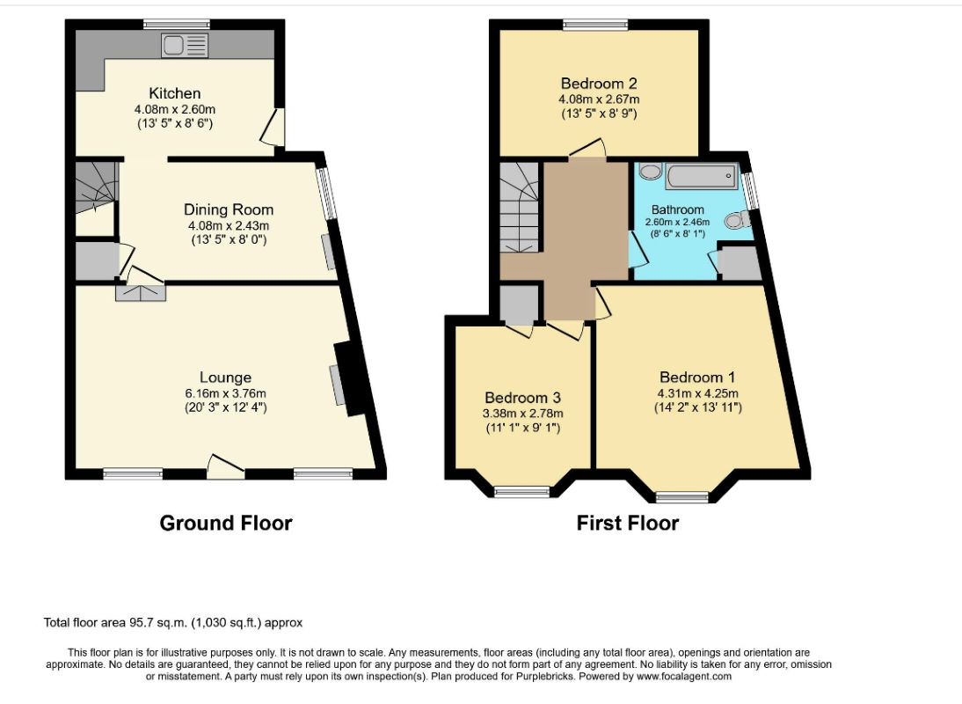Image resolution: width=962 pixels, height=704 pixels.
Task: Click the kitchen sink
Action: coord(185,46)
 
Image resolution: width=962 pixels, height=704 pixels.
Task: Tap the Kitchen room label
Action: coord(175,93)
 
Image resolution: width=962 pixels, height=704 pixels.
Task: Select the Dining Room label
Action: coord(229,210)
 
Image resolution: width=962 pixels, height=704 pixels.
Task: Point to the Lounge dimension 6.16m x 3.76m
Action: coord(226,393)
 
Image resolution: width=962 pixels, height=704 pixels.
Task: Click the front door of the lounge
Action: coord(226,466)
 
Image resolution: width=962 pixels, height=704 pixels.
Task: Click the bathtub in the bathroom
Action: coord(701,176)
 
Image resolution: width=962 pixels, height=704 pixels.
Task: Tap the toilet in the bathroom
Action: coord(737,219)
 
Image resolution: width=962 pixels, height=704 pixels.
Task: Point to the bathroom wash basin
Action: coord(650,171)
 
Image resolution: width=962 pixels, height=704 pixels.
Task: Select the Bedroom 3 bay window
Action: coord(522,491)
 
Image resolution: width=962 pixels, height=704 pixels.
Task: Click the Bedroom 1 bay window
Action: coord(682,496)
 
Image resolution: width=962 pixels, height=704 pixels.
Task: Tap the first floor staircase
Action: coord(519,207)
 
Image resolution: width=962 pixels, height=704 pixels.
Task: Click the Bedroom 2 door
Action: coord(587,149)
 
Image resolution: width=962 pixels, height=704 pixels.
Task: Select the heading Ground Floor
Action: coord(226,523)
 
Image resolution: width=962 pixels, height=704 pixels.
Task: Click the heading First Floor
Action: coord(628,523)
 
